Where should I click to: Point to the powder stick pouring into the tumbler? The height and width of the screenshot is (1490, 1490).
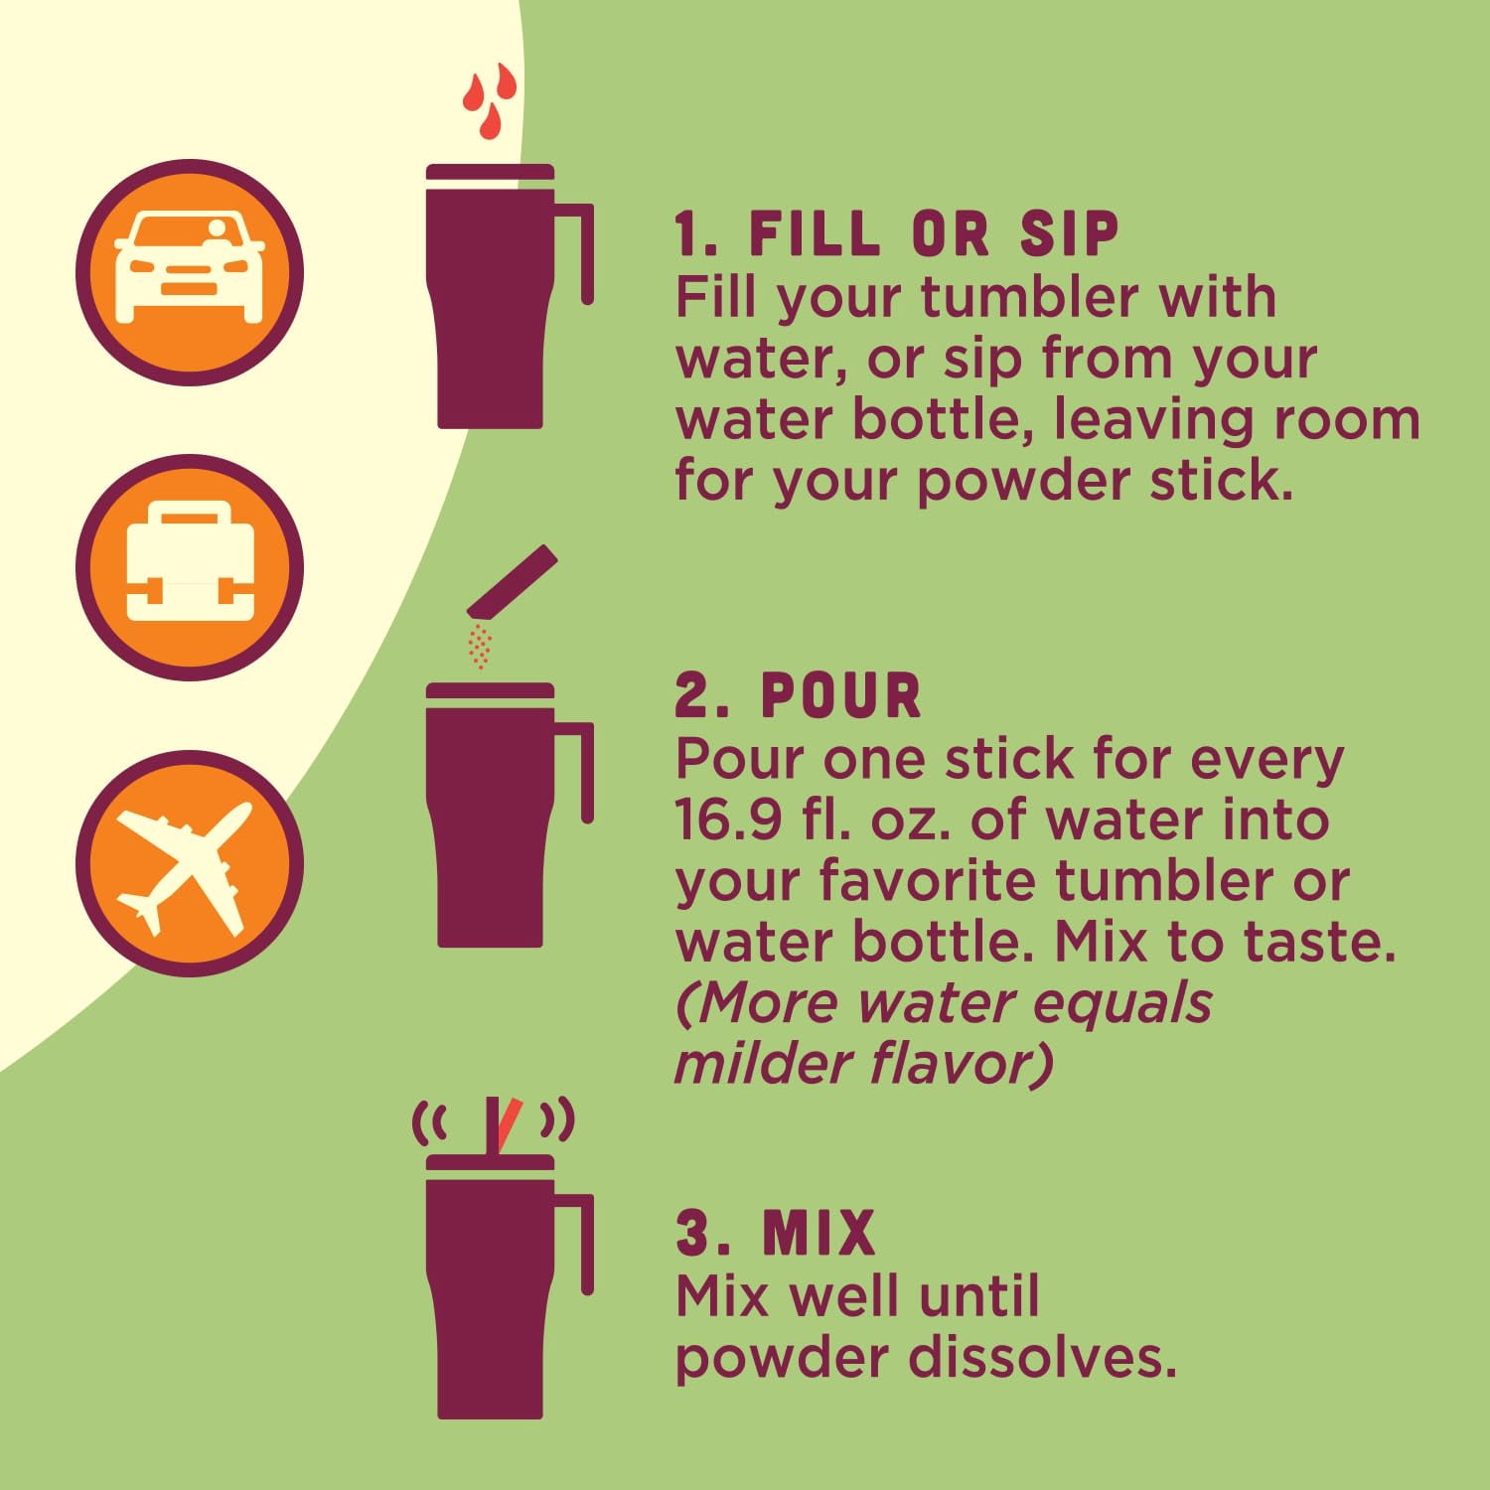513,581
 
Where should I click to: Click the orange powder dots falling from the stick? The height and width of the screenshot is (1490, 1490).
480,646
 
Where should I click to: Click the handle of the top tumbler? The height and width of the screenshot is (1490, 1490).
576,253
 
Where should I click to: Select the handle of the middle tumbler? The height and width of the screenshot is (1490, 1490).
576,772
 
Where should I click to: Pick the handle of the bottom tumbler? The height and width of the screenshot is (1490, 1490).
576,1244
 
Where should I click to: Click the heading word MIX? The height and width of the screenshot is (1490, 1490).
819,1233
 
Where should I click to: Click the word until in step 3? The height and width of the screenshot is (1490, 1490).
978,1295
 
